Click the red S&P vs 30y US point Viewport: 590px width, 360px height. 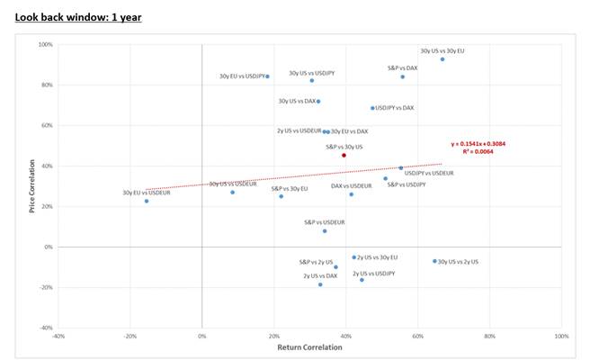[344, 155]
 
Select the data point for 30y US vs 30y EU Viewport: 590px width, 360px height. [442, 58]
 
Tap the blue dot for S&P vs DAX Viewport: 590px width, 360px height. [403, 76]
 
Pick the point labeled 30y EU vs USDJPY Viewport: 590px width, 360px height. [268, 76]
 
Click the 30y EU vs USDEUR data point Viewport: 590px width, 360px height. [147, 201]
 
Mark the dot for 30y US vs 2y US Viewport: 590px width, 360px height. [434, 261]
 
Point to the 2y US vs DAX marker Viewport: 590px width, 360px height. [320, 284]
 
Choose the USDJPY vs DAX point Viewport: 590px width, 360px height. [372, 108]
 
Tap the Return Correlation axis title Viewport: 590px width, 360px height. [308, 346]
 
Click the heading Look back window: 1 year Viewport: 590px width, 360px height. [78, 17]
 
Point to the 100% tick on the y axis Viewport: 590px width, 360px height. [45, 44]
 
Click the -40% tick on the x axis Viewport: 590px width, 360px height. [58, 337]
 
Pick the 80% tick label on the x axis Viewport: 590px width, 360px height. [489, 337]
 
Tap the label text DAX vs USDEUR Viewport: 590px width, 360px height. [351, 186]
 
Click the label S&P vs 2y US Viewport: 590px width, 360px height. [316, 262]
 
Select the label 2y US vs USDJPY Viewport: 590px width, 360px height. [373, 273]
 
